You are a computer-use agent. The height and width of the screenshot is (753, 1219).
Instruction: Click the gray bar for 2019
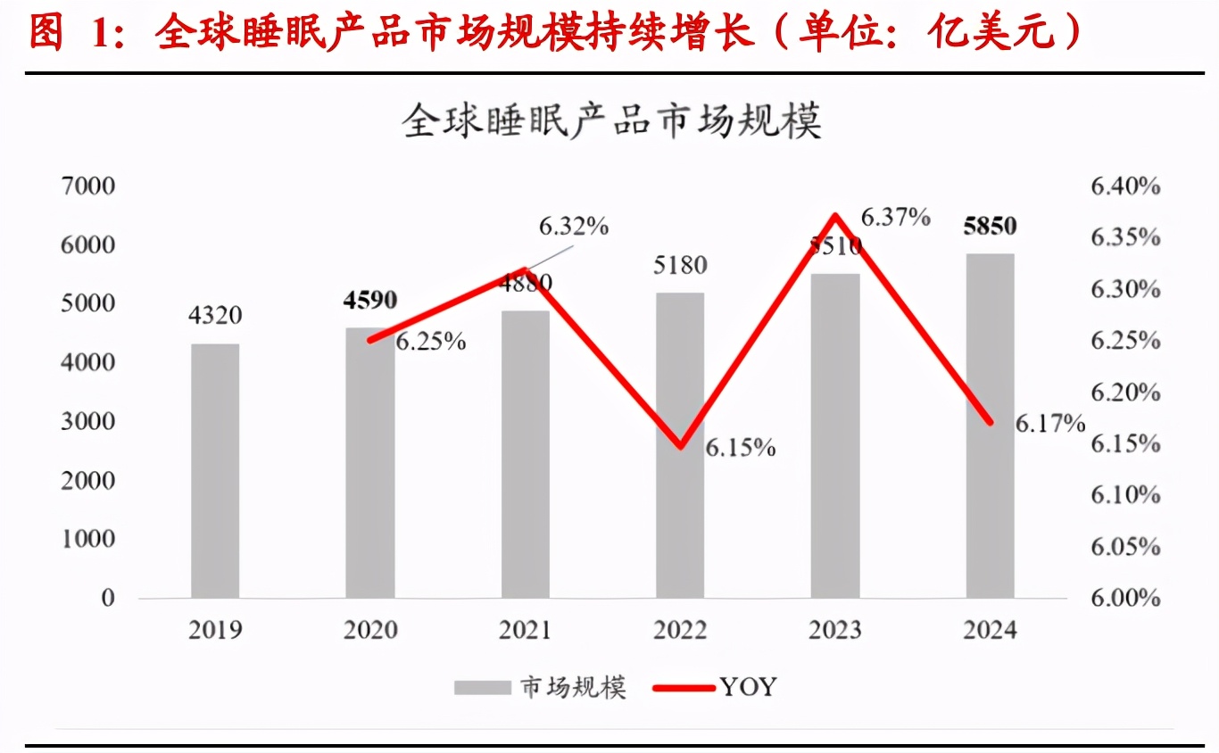(215, 470)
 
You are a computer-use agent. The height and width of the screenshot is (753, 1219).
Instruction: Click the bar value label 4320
(215, 316)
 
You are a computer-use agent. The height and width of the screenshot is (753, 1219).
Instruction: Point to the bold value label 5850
(990, 226)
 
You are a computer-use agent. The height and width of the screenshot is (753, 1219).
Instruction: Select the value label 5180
(680, 265)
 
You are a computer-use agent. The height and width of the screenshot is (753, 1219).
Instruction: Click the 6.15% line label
(740, 448)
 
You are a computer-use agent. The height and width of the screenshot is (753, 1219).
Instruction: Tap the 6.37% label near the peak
(895, 217)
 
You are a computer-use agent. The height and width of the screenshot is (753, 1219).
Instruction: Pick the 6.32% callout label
(573, 227)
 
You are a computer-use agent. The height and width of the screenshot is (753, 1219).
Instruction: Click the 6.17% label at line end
(1050, 424)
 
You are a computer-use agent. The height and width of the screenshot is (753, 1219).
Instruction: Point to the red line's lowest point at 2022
(681, 445)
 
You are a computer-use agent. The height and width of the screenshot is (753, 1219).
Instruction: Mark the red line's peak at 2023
(835, 215)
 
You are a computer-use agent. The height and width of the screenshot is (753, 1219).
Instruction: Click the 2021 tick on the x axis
(525, 630)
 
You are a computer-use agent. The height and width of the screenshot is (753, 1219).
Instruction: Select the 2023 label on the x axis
(835, 630)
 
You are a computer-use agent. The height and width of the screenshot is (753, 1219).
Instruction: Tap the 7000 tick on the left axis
(88, 186)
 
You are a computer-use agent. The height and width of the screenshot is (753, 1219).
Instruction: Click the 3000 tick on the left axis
(88, 421)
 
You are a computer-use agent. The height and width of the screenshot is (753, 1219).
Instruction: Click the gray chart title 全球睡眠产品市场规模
(611, 121)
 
